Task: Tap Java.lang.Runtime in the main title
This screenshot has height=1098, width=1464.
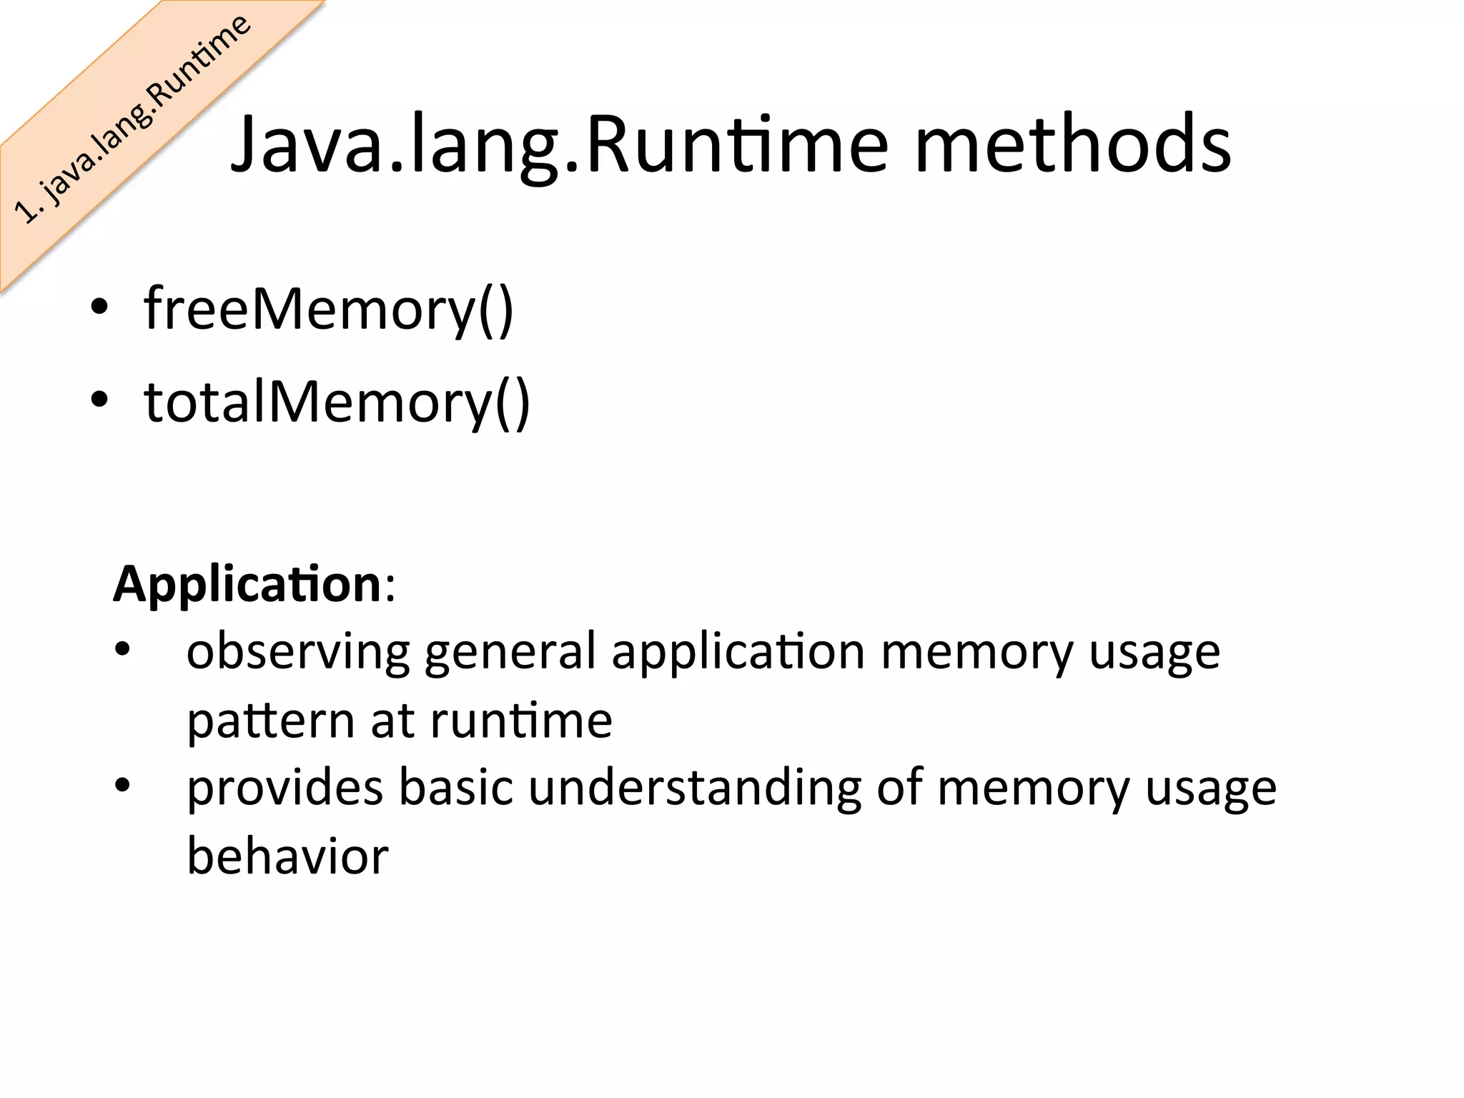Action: click(x=560, y=145)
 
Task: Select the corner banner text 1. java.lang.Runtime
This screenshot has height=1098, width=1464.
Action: click(x=133, y=119)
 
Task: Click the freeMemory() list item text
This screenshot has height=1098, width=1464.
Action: click(x=328, y=310)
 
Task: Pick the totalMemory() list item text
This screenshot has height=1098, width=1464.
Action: click(x=337, y=402)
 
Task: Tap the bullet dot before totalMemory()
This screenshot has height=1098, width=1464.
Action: click(x=99, y=400)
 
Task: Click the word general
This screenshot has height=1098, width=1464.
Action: click(x=510, y=652)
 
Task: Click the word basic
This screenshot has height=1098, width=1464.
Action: click(x=455, y=788)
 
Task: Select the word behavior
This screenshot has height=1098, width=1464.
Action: click(x=287, y=856)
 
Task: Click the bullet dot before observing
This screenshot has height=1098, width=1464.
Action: click(x=123, y=650)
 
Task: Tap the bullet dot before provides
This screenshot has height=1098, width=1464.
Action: click(x=123, y=786)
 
